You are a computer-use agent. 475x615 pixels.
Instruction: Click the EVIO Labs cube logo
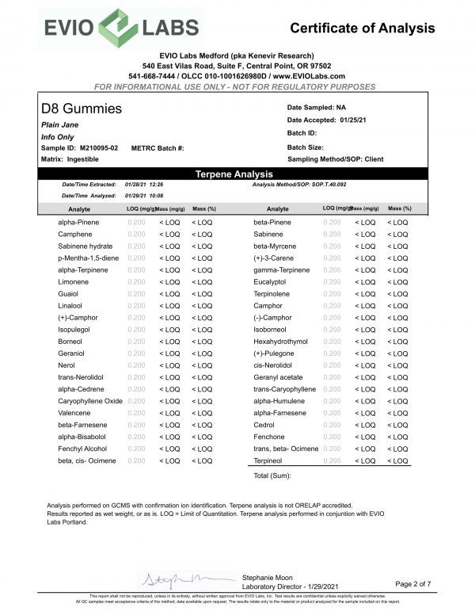[117, 29]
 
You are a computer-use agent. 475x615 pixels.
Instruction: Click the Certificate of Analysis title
[362, 29]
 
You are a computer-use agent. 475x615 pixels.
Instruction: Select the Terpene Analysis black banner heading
[234, 174]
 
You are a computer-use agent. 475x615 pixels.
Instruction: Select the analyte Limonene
[72, 281]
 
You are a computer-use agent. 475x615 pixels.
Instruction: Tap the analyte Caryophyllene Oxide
[89, 401]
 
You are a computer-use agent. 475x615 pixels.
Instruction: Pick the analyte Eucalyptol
[269, 281]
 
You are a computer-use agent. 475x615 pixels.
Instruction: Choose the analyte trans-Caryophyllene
[284, 389]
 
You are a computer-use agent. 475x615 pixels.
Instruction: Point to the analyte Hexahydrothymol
[279, 341]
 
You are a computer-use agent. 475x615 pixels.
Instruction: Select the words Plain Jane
[59, 124]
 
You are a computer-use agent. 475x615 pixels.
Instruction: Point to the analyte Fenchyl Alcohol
[83, 449]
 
